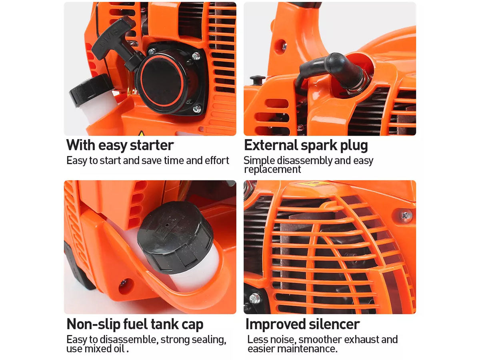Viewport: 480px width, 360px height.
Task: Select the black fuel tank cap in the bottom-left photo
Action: click(175, 237)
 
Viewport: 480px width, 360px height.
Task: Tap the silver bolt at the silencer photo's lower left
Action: click(255, 298)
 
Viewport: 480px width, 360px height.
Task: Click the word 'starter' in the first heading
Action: click(152, 145)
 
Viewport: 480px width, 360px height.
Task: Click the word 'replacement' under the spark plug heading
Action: click(272, 170)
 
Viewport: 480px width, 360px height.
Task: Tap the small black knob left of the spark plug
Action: click(257, 80)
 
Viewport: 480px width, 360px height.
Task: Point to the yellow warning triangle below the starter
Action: click(142, 133)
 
